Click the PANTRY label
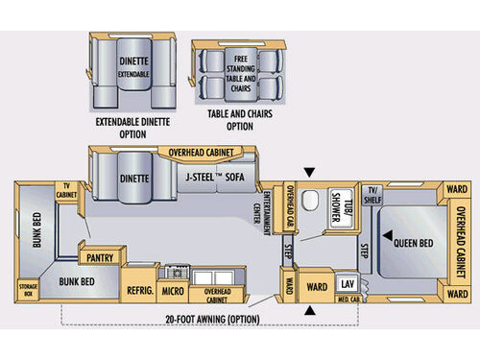(x=101, y=257)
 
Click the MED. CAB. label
(x=347, y=300)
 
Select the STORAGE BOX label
(x=28, y=291)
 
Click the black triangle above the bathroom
(x=308, y=173)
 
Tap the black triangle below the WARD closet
(x=310, y=312)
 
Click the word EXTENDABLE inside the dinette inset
(x=133, y=73)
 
